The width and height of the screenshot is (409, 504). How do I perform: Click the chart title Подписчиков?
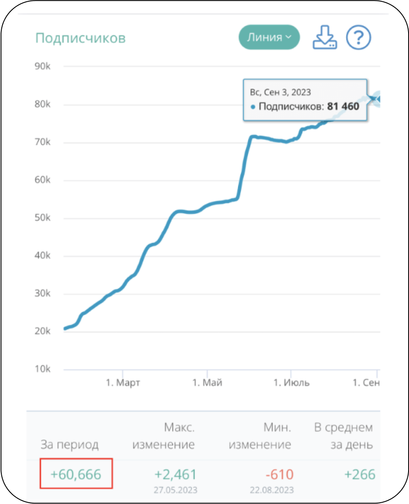(80, 38)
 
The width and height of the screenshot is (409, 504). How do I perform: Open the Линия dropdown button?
(269, 37)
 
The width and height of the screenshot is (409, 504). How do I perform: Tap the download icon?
(324, 38)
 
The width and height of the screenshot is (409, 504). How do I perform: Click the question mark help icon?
(358, 38)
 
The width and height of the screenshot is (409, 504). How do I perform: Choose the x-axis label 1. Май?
(207, 383)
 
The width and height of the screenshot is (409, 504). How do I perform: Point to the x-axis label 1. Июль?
(291, 383)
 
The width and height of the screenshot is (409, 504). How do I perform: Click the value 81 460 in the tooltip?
(343, 106)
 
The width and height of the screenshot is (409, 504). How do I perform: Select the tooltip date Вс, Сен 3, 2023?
(280, 92)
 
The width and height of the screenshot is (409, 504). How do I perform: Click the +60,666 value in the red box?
(76, 474)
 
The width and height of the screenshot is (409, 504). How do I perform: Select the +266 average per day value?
(359, 474)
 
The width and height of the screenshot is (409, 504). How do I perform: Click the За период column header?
(70, 445)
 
